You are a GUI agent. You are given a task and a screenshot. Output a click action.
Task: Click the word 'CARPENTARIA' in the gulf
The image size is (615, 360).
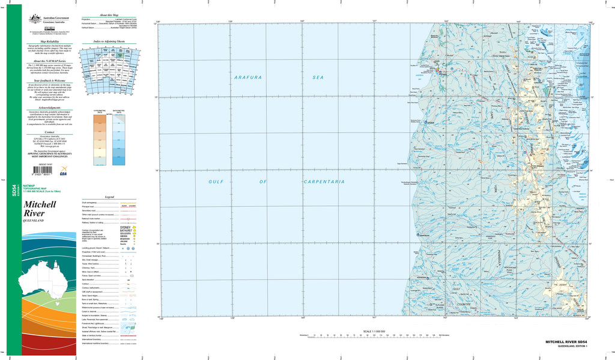[x=324, y=182]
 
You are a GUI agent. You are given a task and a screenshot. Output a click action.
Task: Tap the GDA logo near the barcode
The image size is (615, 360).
[x=64, y=172]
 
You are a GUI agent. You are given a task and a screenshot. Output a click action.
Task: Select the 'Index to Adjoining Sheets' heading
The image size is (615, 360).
[x=109, y=43]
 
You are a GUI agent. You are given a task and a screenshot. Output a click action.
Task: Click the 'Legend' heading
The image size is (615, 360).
[x=109, y=197]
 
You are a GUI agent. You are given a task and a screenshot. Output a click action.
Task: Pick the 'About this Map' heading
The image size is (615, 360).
[x=109, y=14]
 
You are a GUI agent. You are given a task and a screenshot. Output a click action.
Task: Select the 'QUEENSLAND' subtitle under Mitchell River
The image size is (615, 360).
[x=34, y=221]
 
